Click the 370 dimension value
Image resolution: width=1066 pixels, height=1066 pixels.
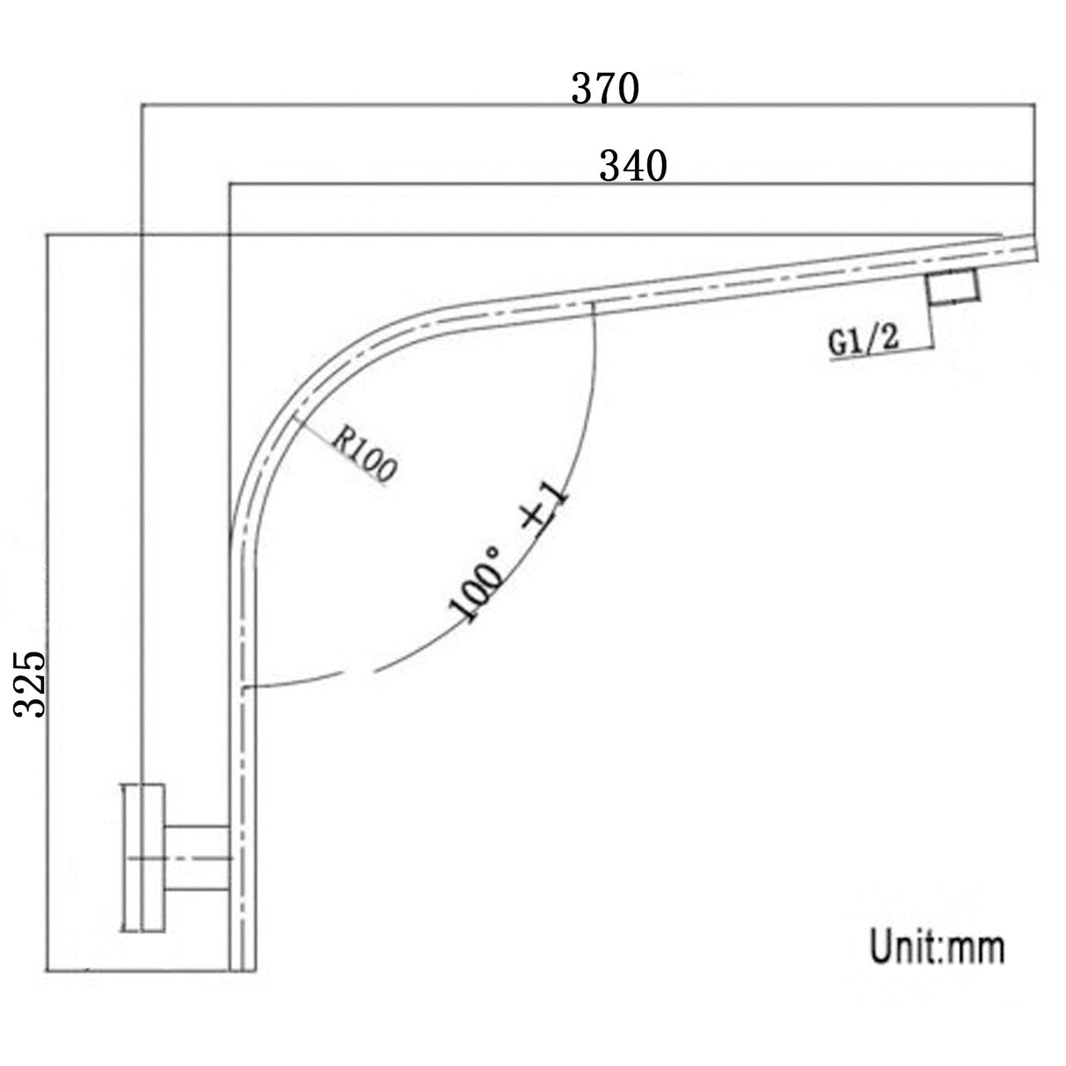click(x=605, y=89)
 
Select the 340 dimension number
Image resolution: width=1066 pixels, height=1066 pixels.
click(x=632, y=165)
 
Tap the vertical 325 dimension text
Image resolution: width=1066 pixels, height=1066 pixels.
click(x=32, y=684)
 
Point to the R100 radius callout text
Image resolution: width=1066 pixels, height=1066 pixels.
click(x=364, y=455)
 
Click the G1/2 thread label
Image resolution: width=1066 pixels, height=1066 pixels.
click(x=862, y=341)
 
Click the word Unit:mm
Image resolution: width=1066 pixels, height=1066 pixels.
click(x=937, y=947)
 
